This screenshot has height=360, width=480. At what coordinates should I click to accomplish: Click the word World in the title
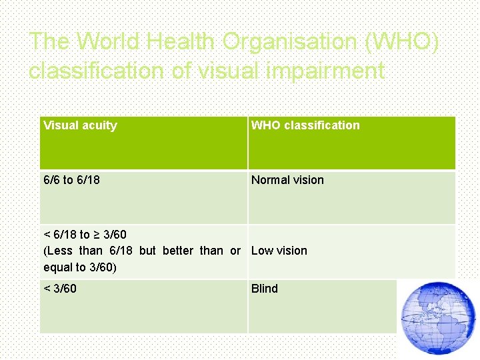(109, 42)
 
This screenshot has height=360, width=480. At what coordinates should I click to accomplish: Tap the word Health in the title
(181, 42)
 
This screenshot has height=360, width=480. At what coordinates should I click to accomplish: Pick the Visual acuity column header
(80, 125)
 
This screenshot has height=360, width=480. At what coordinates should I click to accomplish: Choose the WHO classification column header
(305, 125)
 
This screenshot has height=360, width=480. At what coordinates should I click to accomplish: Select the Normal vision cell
(287, 180)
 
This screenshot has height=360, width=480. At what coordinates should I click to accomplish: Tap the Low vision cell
(279, 251)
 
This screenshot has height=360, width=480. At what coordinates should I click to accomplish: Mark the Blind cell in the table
(265, 289)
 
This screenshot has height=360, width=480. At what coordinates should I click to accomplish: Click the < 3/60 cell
(60, 289)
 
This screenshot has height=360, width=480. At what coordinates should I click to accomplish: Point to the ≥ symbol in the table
(97, 235)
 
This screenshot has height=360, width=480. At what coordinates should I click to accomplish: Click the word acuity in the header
(99, 125)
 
